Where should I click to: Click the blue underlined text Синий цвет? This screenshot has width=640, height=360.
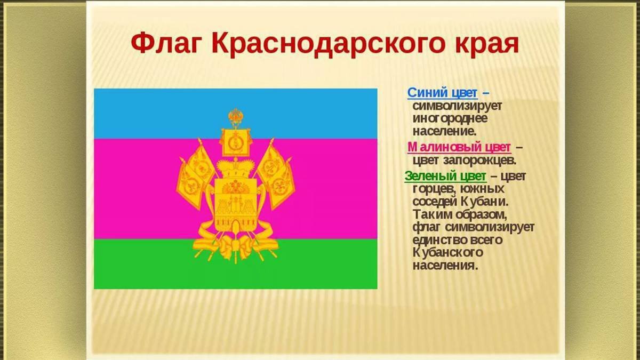442,93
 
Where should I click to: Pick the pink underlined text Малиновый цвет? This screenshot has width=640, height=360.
459,148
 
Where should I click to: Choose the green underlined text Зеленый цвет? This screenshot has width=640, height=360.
445,177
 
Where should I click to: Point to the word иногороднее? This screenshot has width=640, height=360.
450,118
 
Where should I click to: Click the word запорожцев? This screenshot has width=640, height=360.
479,161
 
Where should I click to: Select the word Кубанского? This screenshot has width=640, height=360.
447,252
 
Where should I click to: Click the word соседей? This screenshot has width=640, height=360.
435,202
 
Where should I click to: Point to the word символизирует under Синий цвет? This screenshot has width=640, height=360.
457,106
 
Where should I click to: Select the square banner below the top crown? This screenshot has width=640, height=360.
236,141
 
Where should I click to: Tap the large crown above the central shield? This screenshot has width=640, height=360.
235,169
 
